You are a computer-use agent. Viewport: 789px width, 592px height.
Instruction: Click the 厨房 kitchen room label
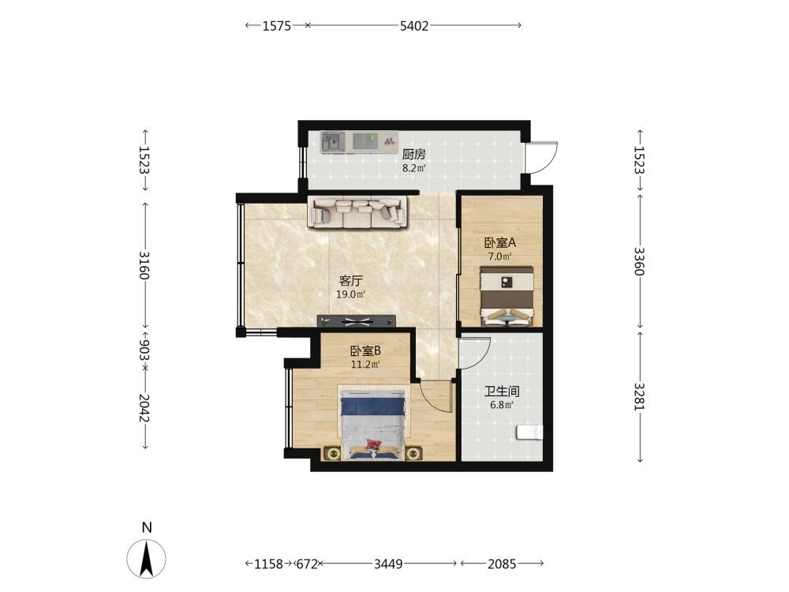(413, 154)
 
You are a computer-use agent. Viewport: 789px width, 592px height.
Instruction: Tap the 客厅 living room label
(351, 281)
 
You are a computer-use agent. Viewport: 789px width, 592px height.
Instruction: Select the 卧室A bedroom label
(500, 243)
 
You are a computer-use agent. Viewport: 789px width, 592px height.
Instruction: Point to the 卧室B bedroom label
(365, 351)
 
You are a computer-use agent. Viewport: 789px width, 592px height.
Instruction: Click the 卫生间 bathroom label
(502, 392)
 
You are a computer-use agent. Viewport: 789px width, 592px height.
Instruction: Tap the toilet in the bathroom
(529, 433)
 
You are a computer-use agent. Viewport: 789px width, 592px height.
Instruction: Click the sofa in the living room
(357, 212)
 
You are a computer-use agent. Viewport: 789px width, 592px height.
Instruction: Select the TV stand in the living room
(357, 320)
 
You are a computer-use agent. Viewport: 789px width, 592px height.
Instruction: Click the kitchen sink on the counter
(334, 141)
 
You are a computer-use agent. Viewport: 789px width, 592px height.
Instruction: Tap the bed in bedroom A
(507, 297)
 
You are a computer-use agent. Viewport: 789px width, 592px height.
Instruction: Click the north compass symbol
(146, 558)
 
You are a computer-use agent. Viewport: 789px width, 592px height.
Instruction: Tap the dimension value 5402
(414, 26)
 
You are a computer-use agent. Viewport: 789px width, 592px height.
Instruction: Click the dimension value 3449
(388, 564)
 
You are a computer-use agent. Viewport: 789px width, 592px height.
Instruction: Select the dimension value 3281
(639, 397)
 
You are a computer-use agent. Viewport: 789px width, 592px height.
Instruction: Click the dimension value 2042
(144, 408)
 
